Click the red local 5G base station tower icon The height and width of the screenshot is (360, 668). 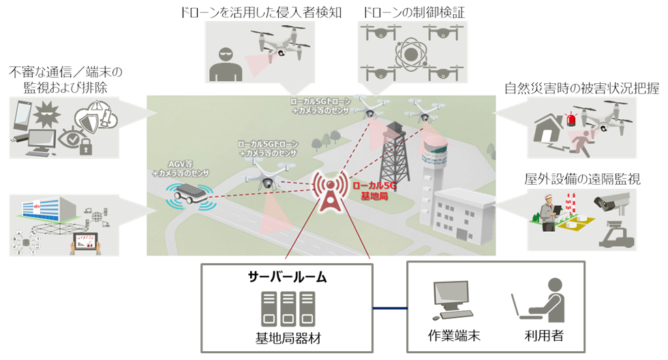pyautogui.click(x=329, y=189)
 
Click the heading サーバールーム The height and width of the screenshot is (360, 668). pyautogui.click(x=286, y=277)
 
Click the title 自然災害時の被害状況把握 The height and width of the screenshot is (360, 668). pyautogui.click(x=581, y=89)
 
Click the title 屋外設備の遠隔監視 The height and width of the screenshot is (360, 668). pyautogui.click(x=583, y=179)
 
